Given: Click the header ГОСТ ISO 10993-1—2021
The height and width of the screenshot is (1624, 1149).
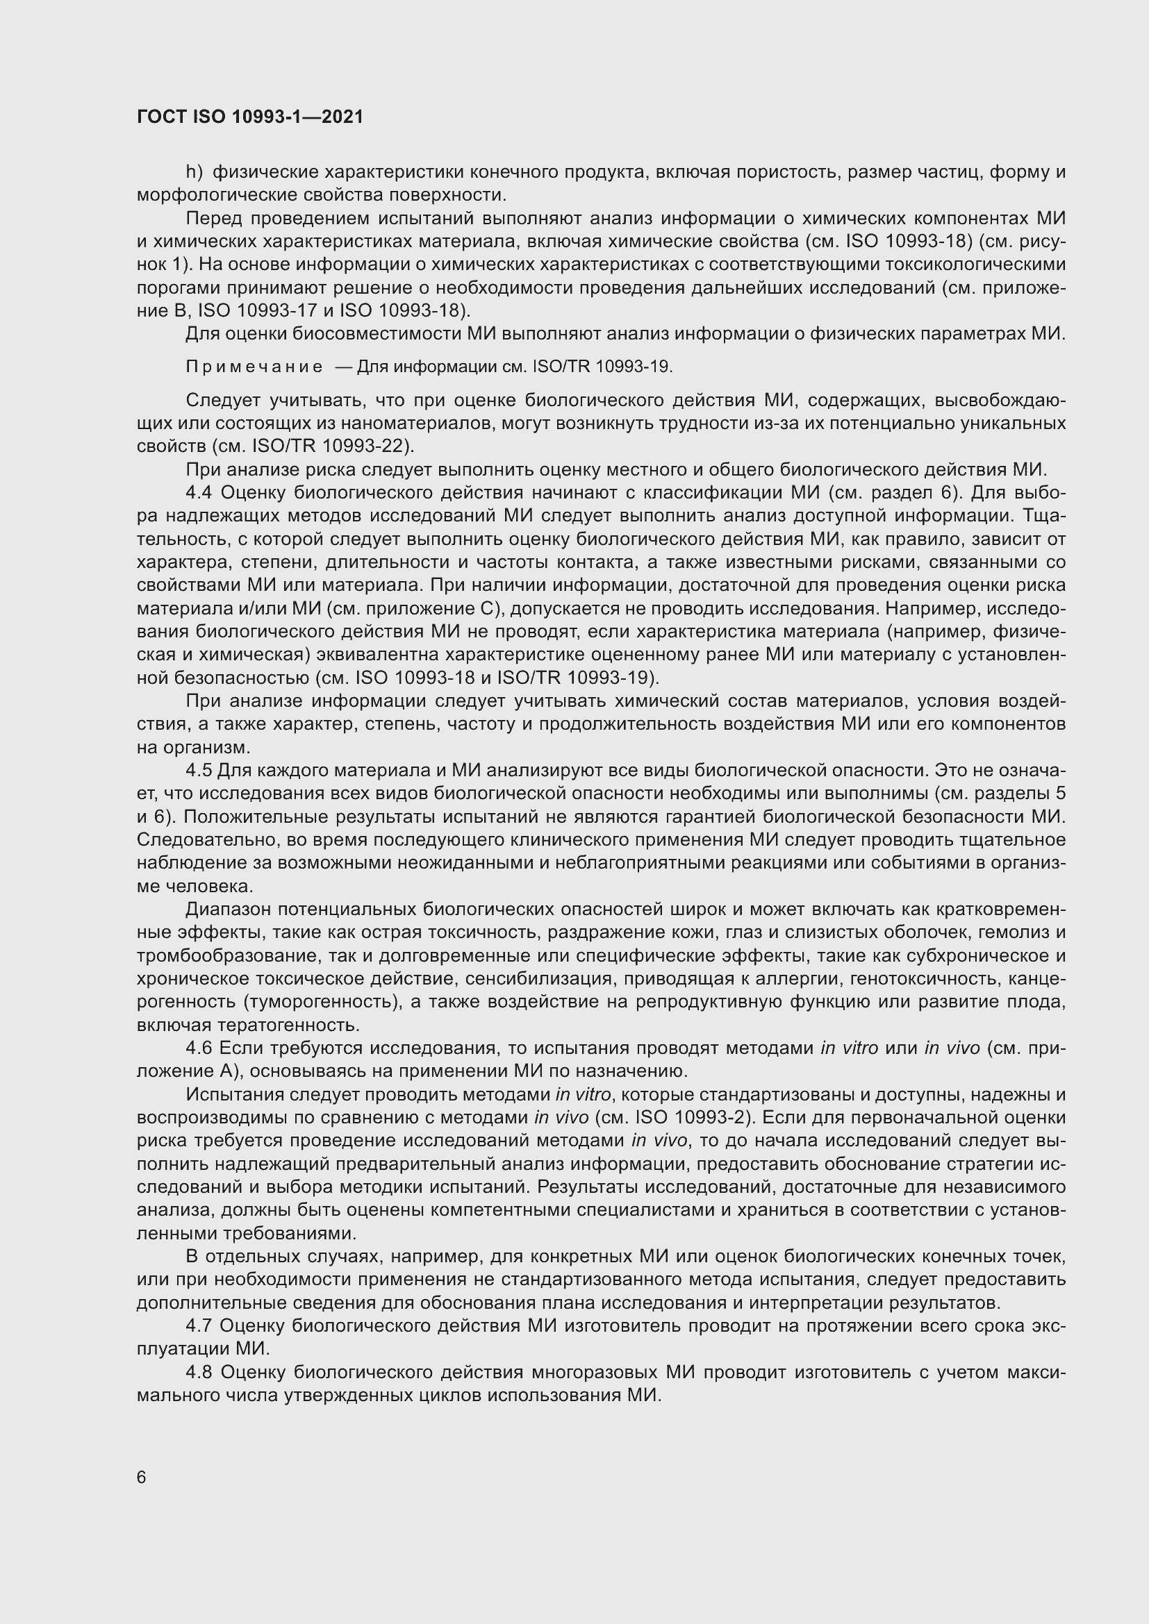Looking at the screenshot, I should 250,117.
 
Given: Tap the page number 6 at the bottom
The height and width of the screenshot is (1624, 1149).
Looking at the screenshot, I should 142,1477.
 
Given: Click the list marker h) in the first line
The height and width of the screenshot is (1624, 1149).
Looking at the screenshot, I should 194,172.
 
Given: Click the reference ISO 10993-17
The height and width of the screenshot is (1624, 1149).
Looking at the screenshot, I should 258,310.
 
